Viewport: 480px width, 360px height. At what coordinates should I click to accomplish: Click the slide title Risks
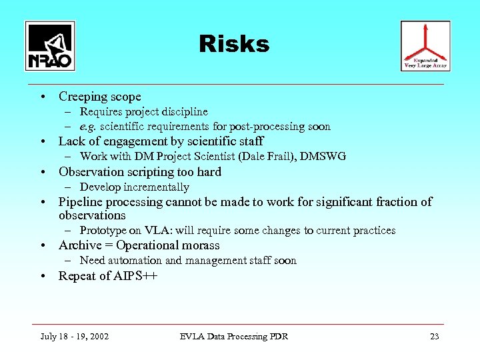(x=234, y=44)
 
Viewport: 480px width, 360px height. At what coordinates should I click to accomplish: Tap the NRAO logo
(x=50, y=46)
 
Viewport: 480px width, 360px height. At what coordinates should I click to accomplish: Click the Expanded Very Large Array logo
(x=425, y=45)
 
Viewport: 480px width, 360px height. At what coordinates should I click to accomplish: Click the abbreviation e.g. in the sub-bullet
(x=88, y=127)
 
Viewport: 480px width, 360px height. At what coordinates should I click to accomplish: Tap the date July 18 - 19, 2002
(x=75, y=336)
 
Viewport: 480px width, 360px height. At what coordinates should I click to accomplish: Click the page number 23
(x=434, y=336)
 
